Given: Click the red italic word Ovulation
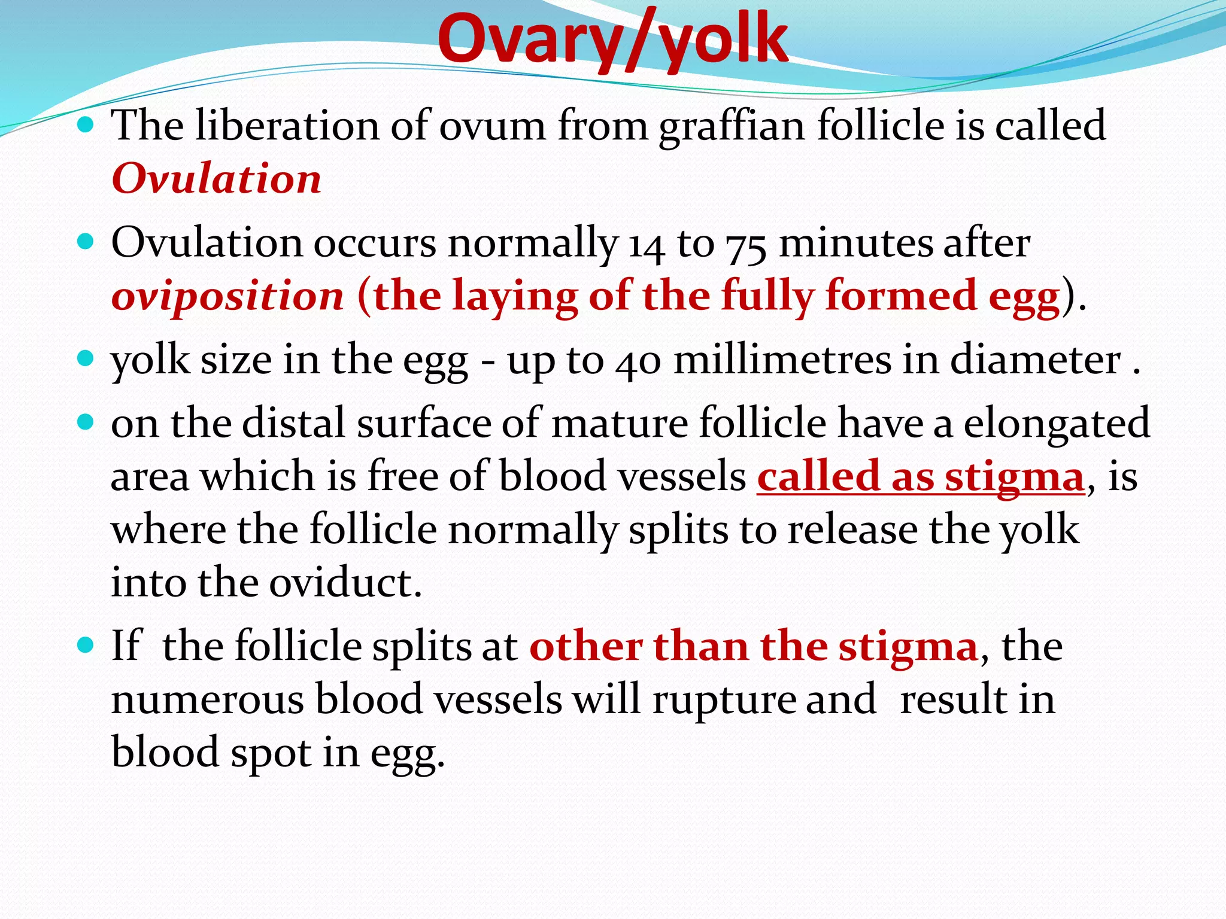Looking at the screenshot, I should [216, 179].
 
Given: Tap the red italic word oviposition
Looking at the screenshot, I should [227, 296].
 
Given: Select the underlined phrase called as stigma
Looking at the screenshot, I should [921, 477].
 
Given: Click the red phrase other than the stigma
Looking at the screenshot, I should [754, 647].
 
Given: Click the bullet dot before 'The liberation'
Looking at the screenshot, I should [87, 125].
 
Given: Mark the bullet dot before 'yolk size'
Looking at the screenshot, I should [87, 359].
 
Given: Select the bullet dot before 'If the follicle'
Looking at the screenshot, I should [87, 645].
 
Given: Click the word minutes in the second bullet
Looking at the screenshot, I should [856, 244].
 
